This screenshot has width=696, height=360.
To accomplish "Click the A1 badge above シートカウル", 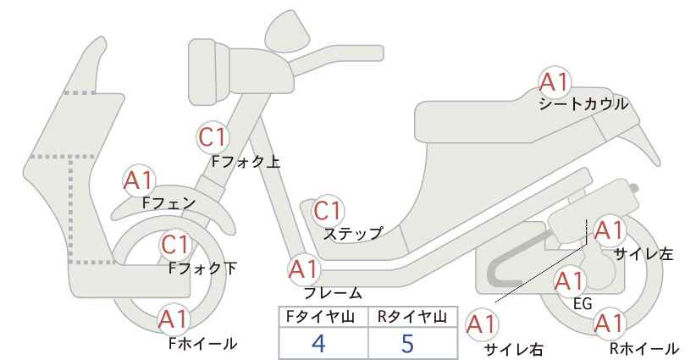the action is [x=555, y=82].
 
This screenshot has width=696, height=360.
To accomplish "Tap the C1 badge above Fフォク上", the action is [x=213, y=137].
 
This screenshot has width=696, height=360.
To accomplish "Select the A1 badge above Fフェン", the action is [x=139, y=180].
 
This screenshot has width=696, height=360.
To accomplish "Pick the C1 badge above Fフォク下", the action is [x=176, y=245].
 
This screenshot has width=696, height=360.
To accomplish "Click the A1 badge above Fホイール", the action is [x=174, y=319].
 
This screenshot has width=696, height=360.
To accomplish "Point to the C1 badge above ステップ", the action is [x=328, y=210].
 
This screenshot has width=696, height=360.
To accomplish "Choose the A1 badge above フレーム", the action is [x=304, y=269].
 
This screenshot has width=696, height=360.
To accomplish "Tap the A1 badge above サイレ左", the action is [x=609, y=231].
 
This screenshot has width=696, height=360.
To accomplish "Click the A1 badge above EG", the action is [x=570, y=281].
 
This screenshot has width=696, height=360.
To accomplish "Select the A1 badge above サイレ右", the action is [x=482, y=325].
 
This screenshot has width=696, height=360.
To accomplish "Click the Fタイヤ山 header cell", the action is [x=323, y=317].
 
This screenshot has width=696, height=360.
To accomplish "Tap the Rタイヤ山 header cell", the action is [x=413, y=317].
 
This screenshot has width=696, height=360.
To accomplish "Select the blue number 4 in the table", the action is [x=318, y=343].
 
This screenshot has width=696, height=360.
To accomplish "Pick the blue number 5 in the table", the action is [x=407, y=343].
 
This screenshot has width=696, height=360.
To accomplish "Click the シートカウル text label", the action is [x=583, y=104].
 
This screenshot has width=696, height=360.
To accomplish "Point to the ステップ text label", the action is [x=352, y=234].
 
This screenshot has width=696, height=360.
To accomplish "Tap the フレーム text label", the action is [x=333, y=292].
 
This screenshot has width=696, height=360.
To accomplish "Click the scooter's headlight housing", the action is [x=209, y=72].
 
